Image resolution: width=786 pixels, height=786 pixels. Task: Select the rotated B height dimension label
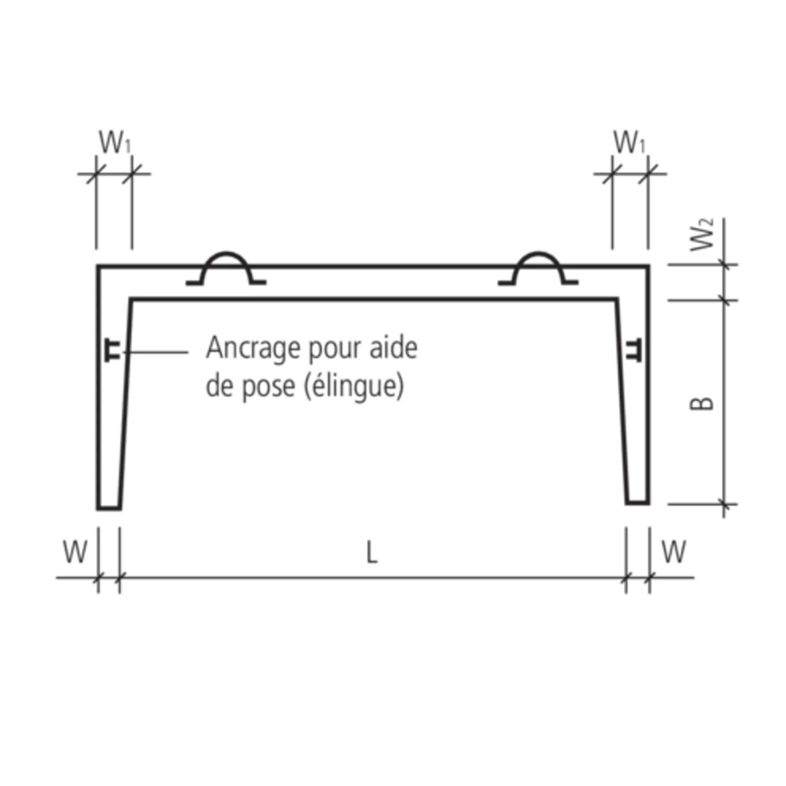click(706, 403)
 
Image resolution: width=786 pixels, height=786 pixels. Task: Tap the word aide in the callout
click(396, 349)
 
